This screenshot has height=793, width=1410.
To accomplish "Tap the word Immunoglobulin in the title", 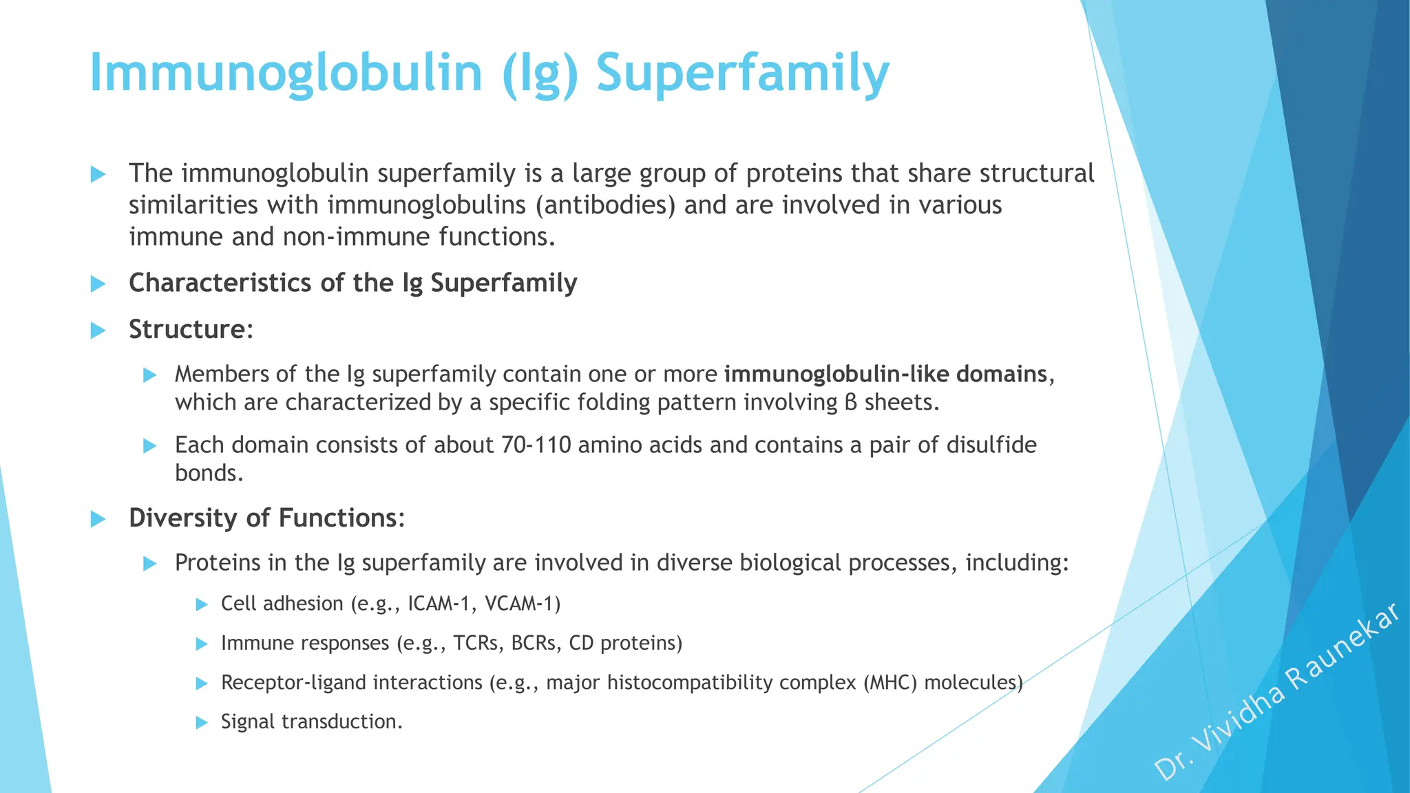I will pos(286,73).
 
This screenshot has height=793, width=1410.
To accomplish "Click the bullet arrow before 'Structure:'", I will pos(98,330).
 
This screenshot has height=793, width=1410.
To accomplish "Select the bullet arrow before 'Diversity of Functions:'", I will pos(98,519).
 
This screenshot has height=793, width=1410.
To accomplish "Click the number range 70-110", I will pos(536,445).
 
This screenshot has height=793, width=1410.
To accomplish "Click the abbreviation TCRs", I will pos(478,643).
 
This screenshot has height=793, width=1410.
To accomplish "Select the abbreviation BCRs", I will pos(536,643).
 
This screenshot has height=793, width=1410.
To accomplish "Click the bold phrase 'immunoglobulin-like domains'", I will pos(885,374).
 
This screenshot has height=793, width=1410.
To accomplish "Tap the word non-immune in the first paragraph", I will pos(357,237).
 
